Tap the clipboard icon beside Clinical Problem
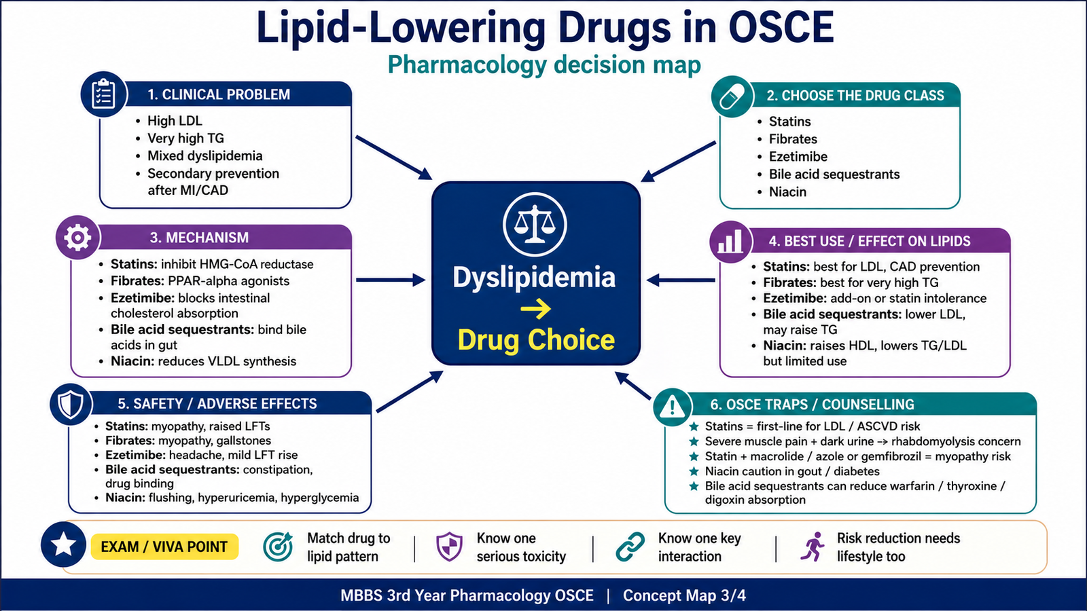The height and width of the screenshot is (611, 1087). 103,94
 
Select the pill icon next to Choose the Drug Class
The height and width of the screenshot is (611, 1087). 732,96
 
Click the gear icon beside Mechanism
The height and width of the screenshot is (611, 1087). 77,238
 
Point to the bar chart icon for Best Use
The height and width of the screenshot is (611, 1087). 730,242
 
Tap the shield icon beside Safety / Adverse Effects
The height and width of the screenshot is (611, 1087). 71,404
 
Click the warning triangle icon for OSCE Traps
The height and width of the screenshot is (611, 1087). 672,406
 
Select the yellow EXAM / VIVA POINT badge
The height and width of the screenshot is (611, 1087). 164,547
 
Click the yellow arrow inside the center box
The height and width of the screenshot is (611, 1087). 536,309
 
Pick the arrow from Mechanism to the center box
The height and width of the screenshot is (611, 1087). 391,280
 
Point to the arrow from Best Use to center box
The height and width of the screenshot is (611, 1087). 681,280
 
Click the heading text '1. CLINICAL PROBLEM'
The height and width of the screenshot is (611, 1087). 219,94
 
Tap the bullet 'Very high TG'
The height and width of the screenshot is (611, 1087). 186,138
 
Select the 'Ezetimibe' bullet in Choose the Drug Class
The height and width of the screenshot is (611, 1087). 798,157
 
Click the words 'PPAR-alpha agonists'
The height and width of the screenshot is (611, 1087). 228,281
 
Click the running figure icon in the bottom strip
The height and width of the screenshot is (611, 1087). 813,547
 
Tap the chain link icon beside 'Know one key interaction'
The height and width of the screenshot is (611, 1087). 630,547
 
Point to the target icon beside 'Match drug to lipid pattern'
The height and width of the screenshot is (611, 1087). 278,547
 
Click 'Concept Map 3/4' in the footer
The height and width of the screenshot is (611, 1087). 684,595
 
